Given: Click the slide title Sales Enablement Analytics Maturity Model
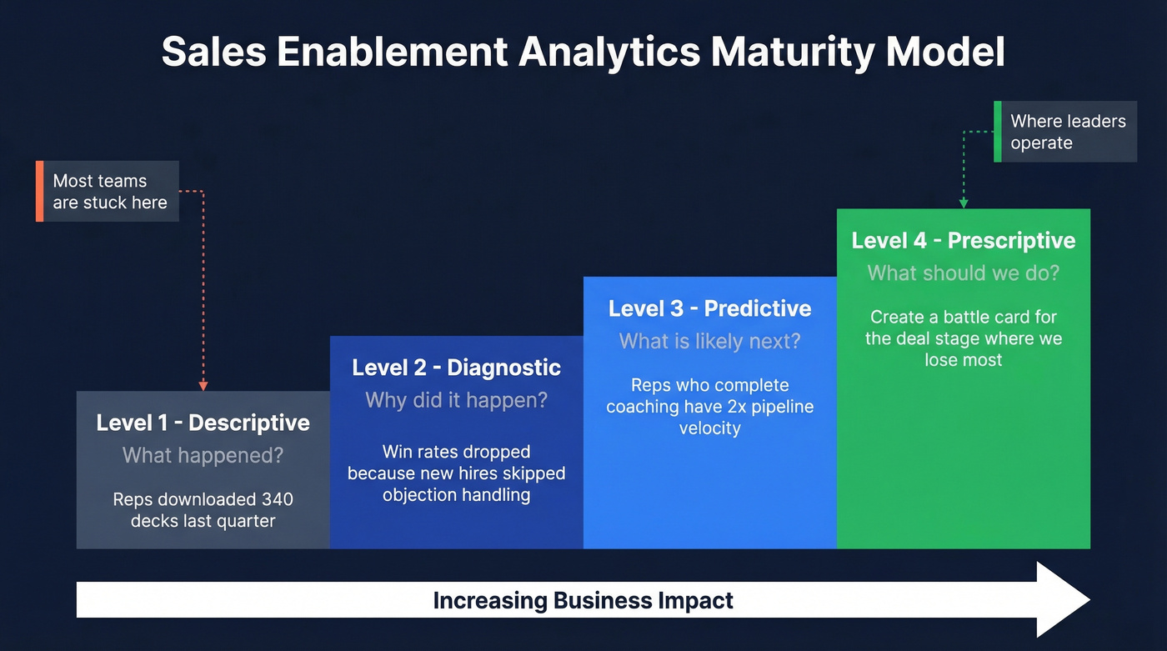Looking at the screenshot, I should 583,52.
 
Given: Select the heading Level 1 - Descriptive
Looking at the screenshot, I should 203,423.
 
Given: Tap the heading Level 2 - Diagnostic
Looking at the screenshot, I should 456,367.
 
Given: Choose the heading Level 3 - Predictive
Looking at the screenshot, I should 709,308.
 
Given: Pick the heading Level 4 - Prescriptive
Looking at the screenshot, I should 963,240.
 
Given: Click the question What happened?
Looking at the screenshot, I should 203,455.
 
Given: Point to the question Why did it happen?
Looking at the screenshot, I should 456,399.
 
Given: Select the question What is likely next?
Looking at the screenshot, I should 709,341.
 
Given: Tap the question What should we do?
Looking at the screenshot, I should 963,273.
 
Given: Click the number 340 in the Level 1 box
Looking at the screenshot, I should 277,499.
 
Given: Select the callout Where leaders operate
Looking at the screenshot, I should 1068,132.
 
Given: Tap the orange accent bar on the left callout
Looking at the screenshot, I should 39,192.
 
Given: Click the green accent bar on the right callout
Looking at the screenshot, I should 997,132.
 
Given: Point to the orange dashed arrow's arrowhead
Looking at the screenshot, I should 203,386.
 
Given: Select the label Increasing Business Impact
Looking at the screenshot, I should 583,600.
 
